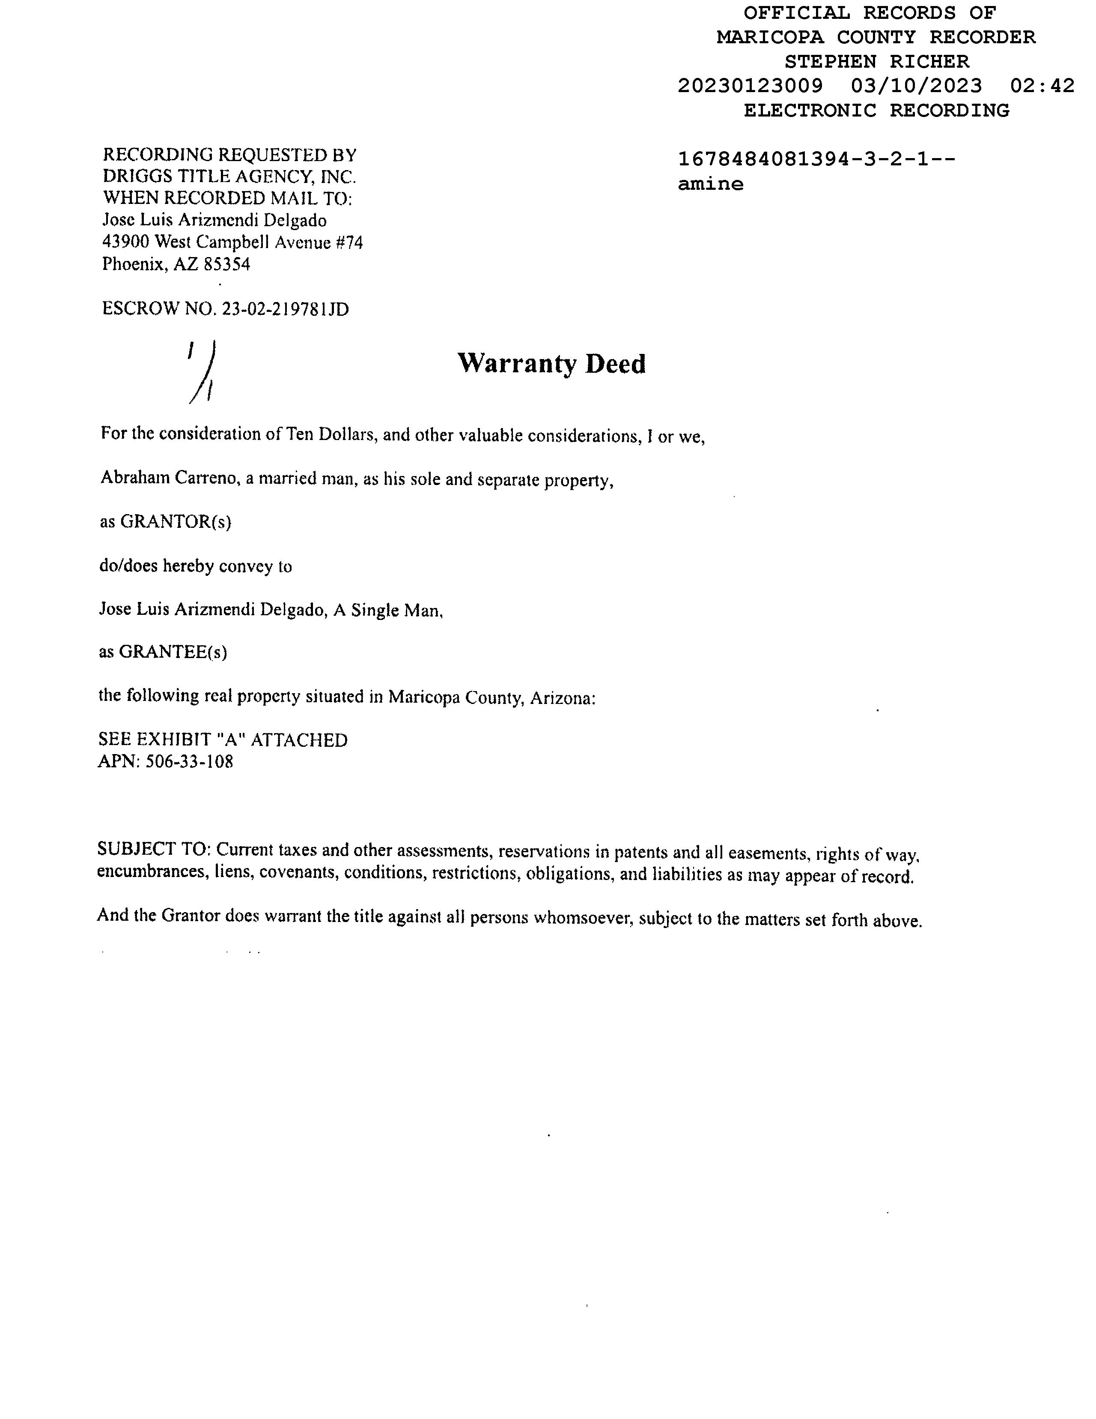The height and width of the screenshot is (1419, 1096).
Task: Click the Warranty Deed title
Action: pyautogui.click(x=551, y=364)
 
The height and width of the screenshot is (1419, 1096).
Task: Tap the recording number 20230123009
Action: pyautogui.click(x=750, y=86)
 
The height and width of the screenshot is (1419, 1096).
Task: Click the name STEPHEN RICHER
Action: pyautogui.click(x=876, y=62)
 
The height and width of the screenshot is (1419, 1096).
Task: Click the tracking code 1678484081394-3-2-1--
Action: pyautogui.click(x=816, y=159)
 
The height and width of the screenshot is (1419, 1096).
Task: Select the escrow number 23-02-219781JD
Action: pyautogui.click(x=285, y=309)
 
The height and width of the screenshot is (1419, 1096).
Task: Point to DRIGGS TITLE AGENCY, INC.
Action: pyautogui.click(x=229, y=177)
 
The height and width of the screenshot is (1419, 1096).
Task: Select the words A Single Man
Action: pyautogui.click(x=387, y=610)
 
